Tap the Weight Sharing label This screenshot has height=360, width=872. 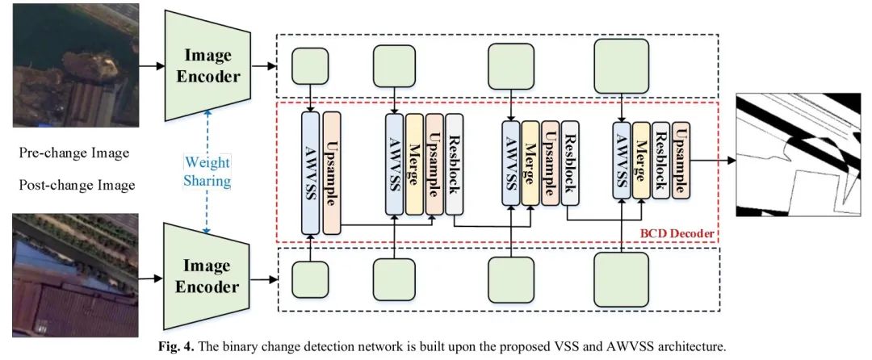207,171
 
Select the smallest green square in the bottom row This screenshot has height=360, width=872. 310,278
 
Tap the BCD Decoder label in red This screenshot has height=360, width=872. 677,234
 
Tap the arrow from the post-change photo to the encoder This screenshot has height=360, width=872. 146,278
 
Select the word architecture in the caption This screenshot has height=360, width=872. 692,348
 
